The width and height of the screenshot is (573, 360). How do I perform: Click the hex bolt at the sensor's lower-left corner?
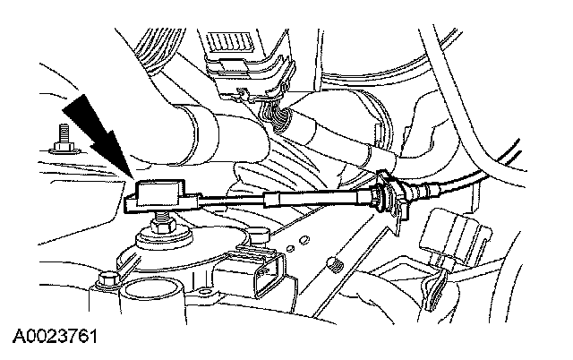pyautogui.click(x=108, y=284)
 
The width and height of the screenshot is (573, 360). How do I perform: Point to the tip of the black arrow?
pyautogui.click(x=134, y=178)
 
